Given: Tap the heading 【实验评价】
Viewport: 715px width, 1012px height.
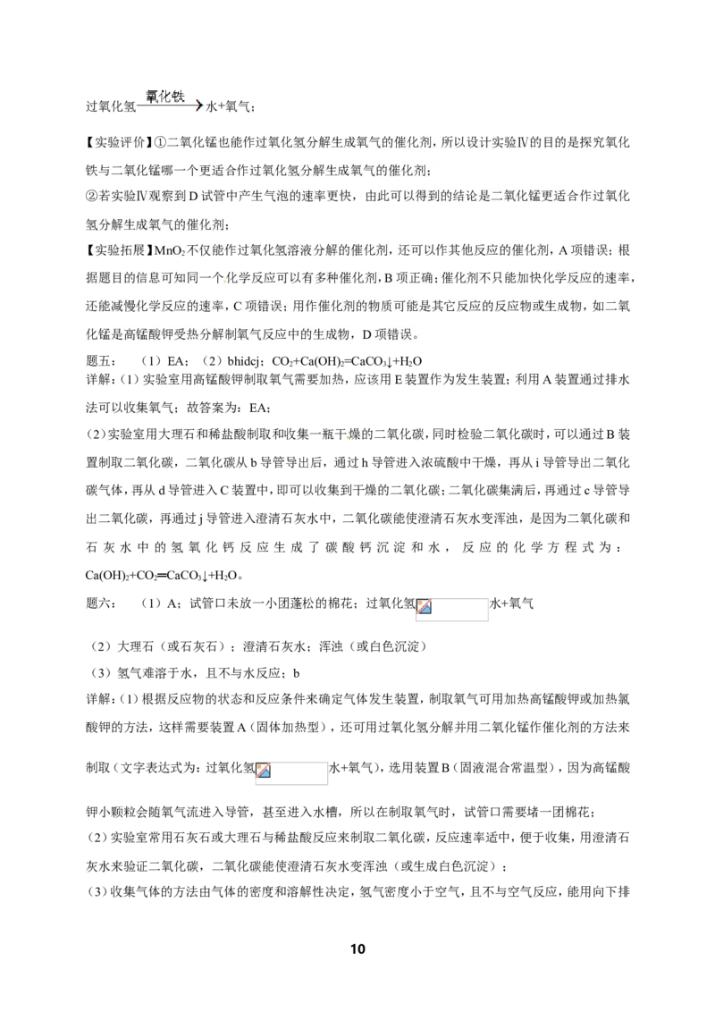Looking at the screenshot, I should (115, 143).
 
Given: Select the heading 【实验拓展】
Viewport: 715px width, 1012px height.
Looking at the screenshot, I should (115, 250).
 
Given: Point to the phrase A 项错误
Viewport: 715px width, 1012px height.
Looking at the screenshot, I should (586, 251).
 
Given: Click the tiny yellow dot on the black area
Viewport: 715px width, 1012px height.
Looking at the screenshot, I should (346, 437).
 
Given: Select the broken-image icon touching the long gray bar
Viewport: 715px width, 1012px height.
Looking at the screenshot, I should (263, 771).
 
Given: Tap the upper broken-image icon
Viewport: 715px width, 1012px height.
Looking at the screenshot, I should (424, 607).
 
